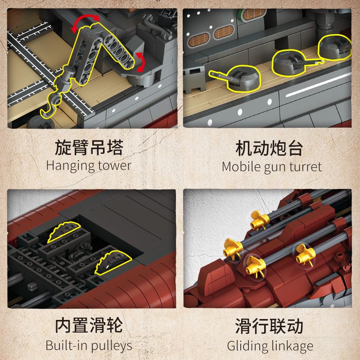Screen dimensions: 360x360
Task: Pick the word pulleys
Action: coord(110,346)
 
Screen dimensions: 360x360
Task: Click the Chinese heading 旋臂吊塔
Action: coord(89,148)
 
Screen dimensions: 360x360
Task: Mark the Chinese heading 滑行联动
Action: coord(269,327)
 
